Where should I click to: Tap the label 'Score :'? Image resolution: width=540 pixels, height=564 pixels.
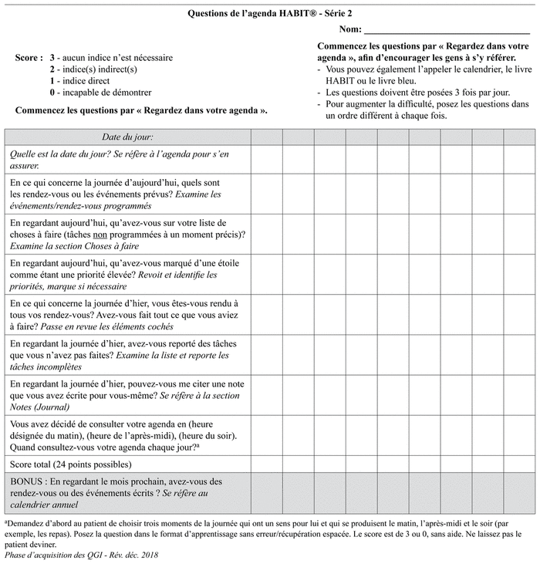pos(29,58)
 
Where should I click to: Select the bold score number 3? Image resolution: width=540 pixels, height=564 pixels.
pos(52,58)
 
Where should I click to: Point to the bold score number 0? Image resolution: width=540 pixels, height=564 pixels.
pos(52,93)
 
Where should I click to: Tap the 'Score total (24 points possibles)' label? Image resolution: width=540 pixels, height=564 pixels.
pos(71,464)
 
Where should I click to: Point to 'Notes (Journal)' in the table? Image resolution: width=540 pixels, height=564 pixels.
pos(39,407)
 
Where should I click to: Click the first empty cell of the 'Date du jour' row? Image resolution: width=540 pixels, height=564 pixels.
pos(266,137)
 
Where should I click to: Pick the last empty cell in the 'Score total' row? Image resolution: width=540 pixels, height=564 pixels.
pos(519,464)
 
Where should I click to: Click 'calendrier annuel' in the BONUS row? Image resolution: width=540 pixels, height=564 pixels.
pos(45,505)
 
